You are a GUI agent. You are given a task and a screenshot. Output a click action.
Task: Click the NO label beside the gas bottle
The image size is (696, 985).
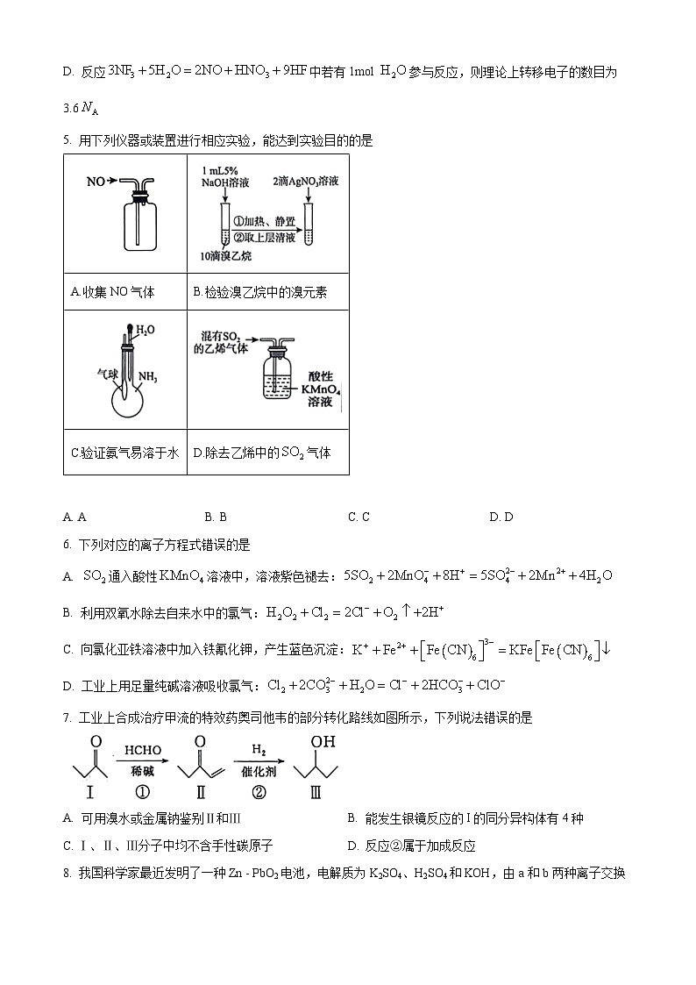click(x=96, y=182)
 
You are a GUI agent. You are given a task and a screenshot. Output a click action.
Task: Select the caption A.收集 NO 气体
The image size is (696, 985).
click(x=112, y=292)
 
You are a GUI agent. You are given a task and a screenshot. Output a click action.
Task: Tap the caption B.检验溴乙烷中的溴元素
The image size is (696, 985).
click(x=259, y=292)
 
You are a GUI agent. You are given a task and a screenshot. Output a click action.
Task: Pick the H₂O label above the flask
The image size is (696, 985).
click(x=146, y=330)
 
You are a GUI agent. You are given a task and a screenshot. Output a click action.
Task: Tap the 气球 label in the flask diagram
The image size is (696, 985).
click(x=107, y=374)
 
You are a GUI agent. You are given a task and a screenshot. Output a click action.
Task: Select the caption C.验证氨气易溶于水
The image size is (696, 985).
click(x=124, y=453)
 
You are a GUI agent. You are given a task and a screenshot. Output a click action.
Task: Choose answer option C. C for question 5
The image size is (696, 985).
click(x=359, y=517)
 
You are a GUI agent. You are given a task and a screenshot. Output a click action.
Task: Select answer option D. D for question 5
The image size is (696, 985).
click(x=501, y=517)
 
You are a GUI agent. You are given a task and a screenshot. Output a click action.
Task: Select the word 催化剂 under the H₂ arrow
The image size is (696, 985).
click(x=259, y=769)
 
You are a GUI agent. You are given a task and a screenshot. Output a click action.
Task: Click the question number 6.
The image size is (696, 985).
click(x=67, y=545)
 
